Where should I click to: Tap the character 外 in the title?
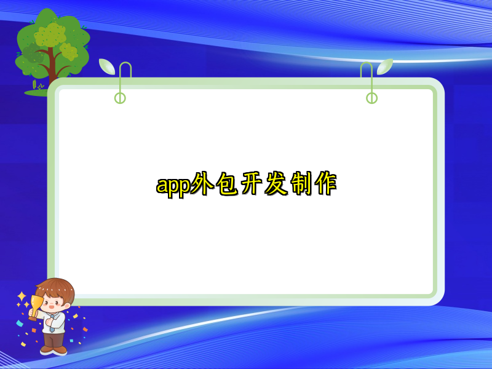202,184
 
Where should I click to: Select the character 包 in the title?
229,184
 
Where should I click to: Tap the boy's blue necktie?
55,320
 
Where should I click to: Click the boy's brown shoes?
54,349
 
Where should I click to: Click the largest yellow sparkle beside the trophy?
22,296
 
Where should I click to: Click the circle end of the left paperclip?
120,98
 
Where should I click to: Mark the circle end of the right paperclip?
371,98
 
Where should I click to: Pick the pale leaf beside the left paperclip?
107,66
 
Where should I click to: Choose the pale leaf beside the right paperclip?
385,66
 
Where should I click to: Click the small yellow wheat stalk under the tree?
34,85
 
